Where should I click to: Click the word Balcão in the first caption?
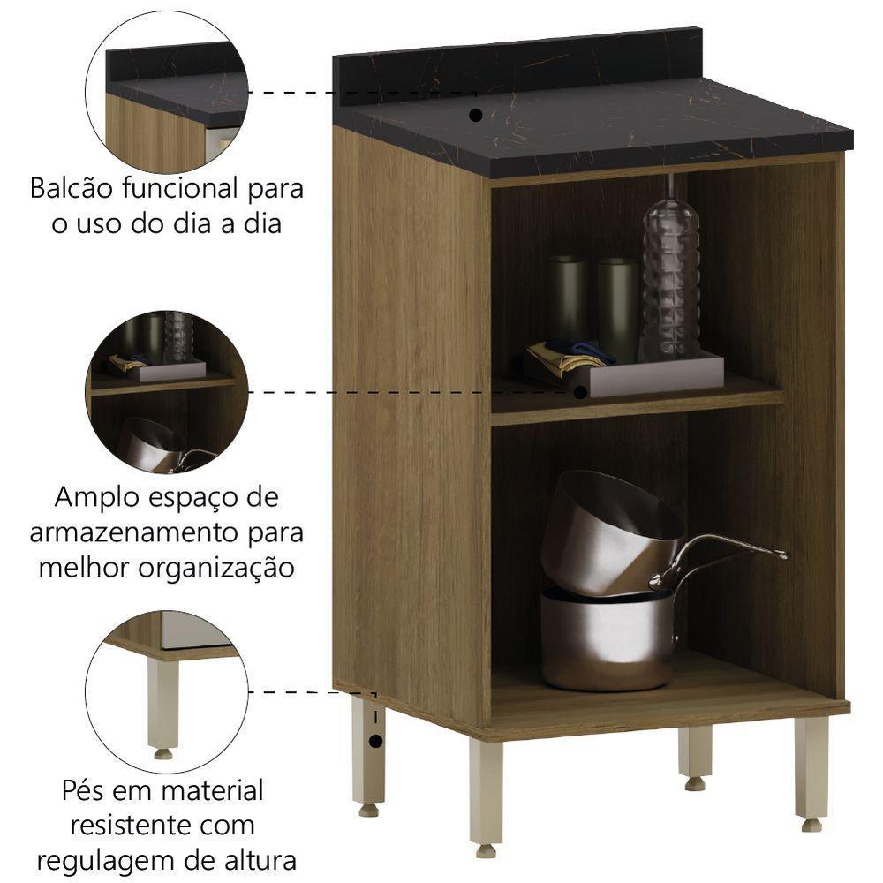coord(74,189)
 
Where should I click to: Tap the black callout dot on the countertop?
coord(475,115)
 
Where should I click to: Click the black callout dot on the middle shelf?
coord(581,391)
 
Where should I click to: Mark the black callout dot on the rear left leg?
coord(377,740)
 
